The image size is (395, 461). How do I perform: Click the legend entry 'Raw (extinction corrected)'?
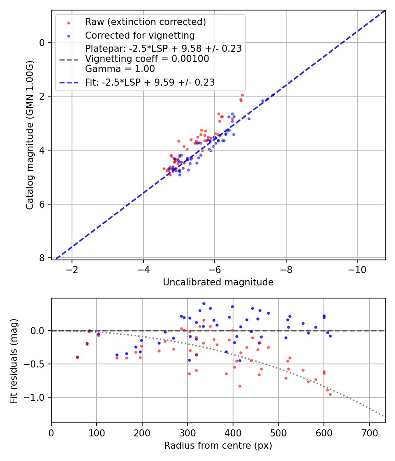[145, 22]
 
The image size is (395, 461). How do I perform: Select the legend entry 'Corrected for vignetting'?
[140, 35]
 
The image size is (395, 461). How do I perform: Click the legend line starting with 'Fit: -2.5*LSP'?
[150, 82]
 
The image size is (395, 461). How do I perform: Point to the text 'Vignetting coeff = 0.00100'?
[147, 59]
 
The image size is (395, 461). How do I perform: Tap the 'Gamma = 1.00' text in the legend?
[120, 69]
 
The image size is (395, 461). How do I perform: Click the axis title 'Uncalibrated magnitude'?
[218, 282]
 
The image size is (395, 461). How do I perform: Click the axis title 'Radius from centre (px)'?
[218, 446]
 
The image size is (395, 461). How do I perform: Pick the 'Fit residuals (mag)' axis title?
[14, 361]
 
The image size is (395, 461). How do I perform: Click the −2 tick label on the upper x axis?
[72, 269]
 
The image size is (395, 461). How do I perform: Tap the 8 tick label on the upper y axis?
[42, 258]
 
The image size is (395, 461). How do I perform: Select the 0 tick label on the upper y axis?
[42, 43]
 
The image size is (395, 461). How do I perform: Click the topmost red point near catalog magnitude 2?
[242, 95]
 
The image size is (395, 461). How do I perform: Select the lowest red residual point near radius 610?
[330, 394]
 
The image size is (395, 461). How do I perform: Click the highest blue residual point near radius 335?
[204, 303]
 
